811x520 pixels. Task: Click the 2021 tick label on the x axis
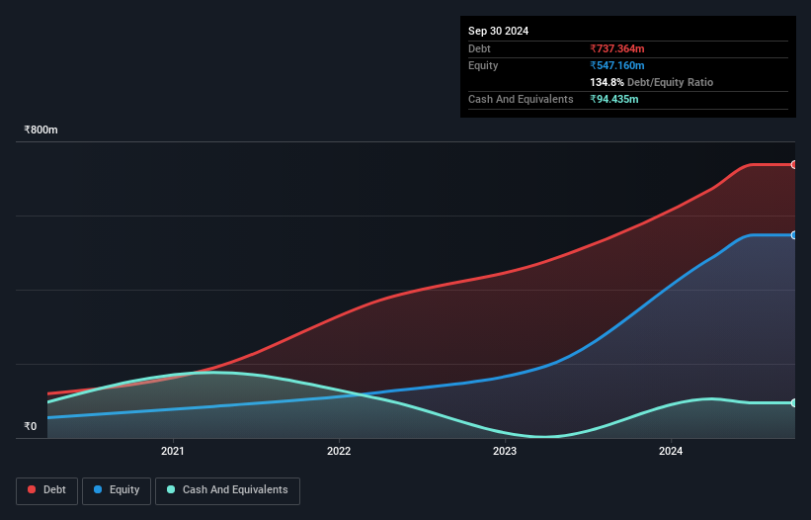click(173, 452)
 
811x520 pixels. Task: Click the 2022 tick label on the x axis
click(339, 452)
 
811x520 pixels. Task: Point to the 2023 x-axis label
click(505, 452)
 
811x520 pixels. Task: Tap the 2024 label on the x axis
click(671, 452)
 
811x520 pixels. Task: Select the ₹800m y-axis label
click(41, 130)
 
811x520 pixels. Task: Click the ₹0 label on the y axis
click(31, 427)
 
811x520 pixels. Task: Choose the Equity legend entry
click(117, 489)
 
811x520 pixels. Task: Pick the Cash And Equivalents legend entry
click(227, 489)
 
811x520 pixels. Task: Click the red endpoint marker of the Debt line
click(794, 164)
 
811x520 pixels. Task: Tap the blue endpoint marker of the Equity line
click(794, 235)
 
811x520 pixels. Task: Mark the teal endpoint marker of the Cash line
click(794, 402)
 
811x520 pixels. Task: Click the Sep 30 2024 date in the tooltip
click(499, 31)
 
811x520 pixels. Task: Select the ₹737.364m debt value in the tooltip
click(617, 48)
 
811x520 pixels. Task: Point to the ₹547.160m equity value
click(617, 65)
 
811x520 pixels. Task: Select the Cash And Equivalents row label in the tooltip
click(521, 99)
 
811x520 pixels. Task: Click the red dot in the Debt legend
click(33, 489)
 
